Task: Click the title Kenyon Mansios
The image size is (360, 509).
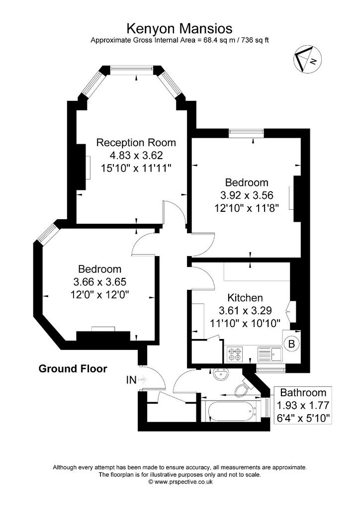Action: click(179, 28)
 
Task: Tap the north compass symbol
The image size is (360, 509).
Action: click(307, 59)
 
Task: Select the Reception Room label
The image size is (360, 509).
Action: click(136, 143)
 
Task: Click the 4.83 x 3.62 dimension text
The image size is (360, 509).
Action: click(136, 156)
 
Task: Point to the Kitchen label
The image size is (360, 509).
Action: click(245, 298)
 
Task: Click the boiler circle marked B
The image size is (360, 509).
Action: click(291, 344)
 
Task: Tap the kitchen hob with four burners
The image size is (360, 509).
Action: click(235, 354)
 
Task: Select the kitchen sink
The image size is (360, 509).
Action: click(270, 354)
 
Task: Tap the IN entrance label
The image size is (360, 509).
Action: click(131, 380)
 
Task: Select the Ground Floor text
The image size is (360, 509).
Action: click(73, 369)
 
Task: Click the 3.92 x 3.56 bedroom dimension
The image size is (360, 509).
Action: click(247, 195)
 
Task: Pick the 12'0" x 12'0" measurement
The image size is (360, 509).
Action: click(100, 295)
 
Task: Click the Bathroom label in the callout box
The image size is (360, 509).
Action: click(303, 393)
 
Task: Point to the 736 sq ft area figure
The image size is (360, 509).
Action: click(254, 41)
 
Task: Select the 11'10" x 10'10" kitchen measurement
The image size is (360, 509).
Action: click(245, 323)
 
